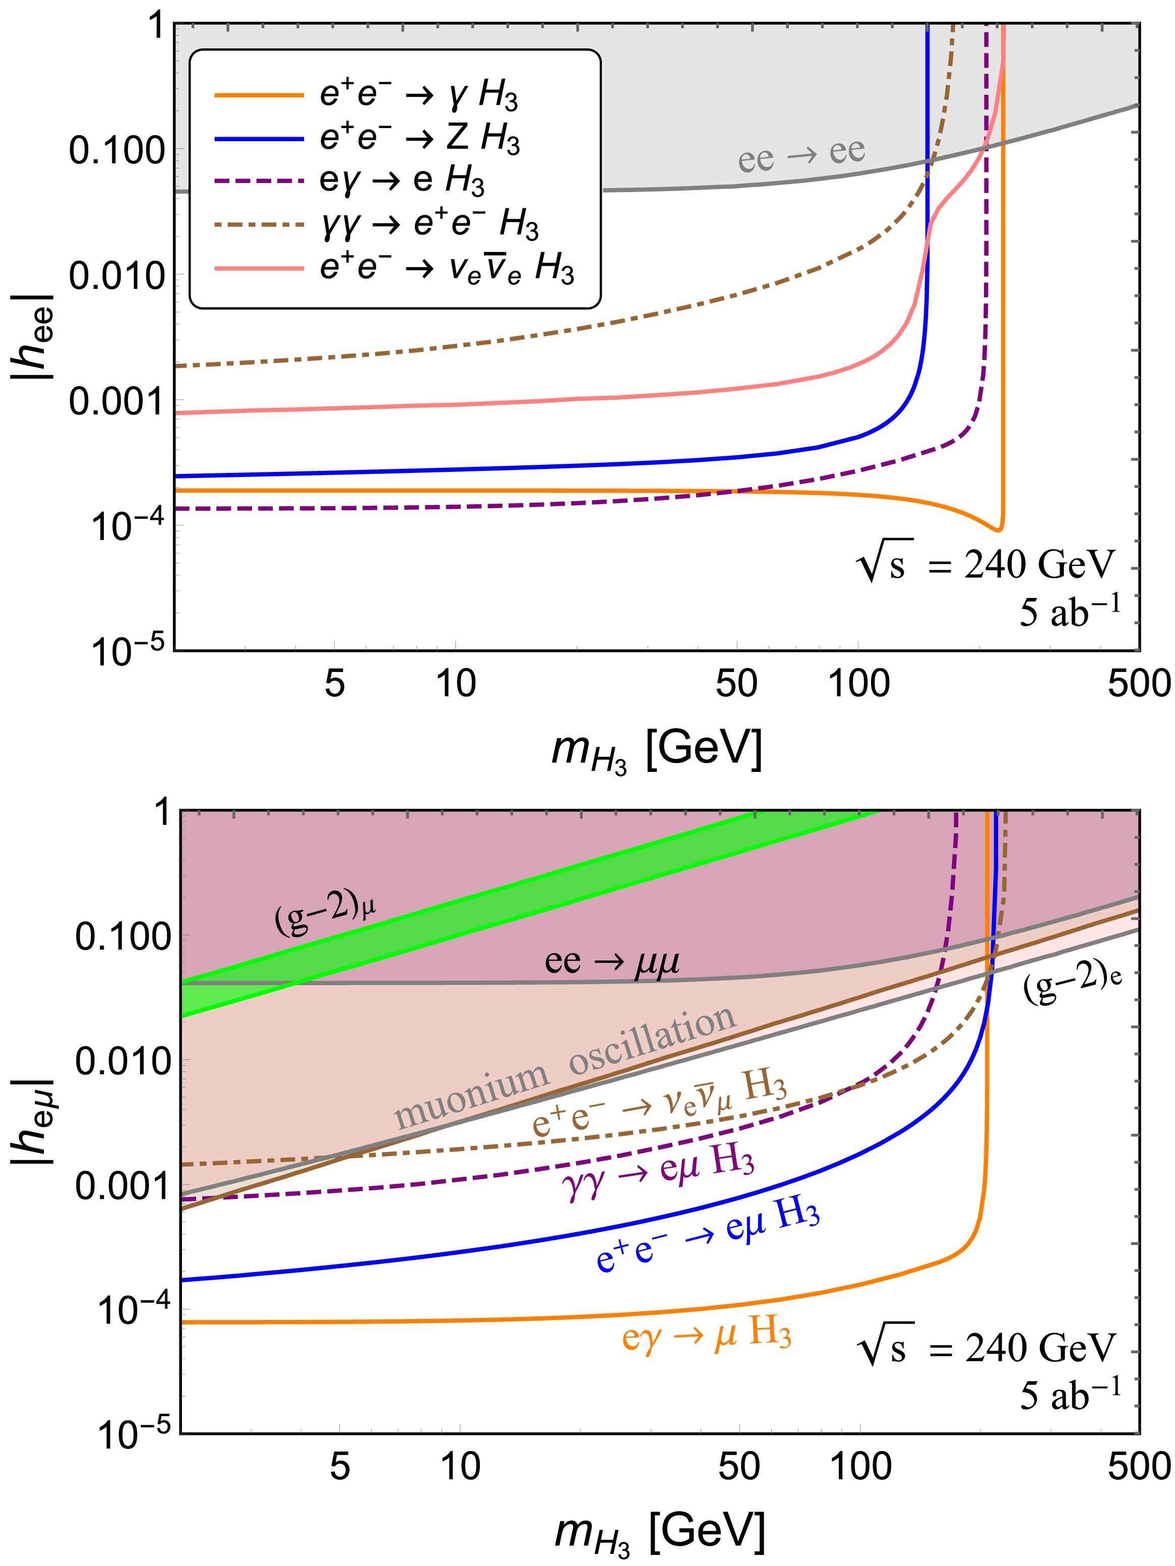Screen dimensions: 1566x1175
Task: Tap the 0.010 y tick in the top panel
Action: coord(117,275)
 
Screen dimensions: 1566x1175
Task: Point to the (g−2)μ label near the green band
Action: coord(325,913)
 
